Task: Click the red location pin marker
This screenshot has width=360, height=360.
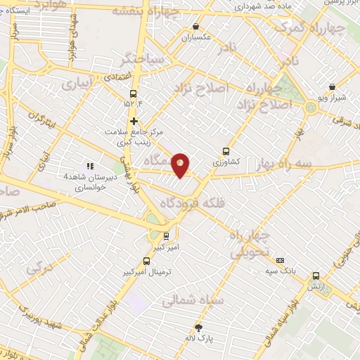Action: pos(181,165)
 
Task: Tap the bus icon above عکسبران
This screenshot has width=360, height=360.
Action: pos(195,27)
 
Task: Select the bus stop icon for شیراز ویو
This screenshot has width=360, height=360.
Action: pos(332,87)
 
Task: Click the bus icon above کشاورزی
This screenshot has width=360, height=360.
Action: pos(226,150)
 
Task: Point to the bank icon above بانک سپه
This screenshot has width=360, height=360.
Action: pos(280,259)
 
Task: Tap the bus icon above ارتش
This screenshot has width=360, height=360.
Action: pos(315,276)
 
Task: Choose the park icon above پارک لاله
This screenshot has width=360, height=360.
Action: pos(199,328)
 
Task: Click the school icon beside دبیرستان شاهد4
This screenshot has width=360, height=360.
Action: pos(90,166)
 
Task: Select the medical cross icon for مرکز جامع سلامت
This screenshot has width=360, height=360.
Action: pos(132,121)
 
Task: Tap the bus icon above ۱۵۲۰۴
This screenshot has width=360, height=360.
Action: pos(132,94)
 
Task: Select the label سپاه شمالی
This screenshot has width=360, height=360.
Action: pos(192,300)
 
